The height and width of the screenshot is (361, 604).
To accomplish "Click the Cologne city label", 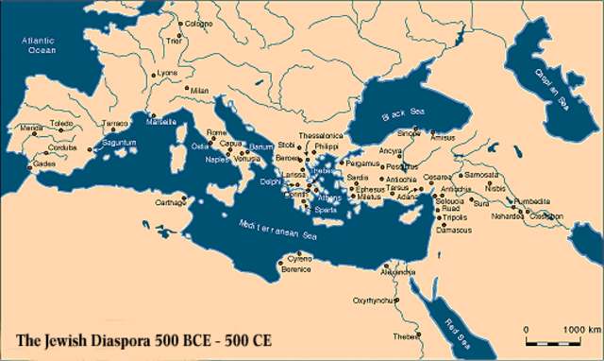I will click(198, 24).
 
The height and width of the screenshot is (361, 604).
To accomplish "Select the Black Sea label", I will click(397, 115).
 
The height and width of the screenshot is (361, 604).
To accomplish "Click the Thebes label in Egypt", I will click(403, 337).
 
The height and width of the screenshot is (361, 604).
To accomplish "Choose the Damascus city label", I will click(454, 229).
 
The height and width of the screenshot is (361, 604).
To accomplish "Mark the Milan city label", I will click(197, 90).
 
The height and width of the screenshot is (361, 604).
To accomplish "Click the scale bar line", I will click(552, 339).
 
